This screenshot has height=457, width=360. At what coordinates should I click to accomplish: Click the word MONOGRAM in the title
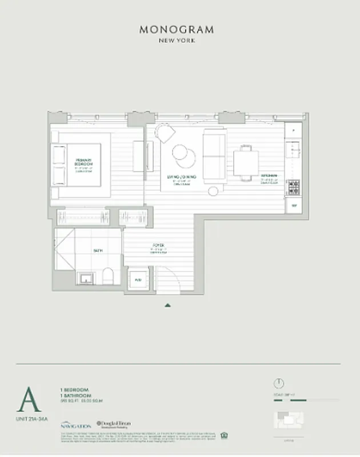tap(179, 29)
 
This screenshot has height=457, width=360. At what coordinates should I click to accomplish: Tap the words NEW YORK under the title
tap(179, 40)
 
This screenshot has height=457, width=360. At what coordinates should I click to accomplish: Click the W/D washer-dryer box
tap(138, 280)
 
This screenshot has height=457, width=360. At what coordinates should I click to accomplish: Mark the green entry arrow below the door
tap(167, 305)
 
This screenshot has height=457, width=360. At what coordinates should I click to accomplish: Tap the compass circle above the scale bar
tap(279, 383)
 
